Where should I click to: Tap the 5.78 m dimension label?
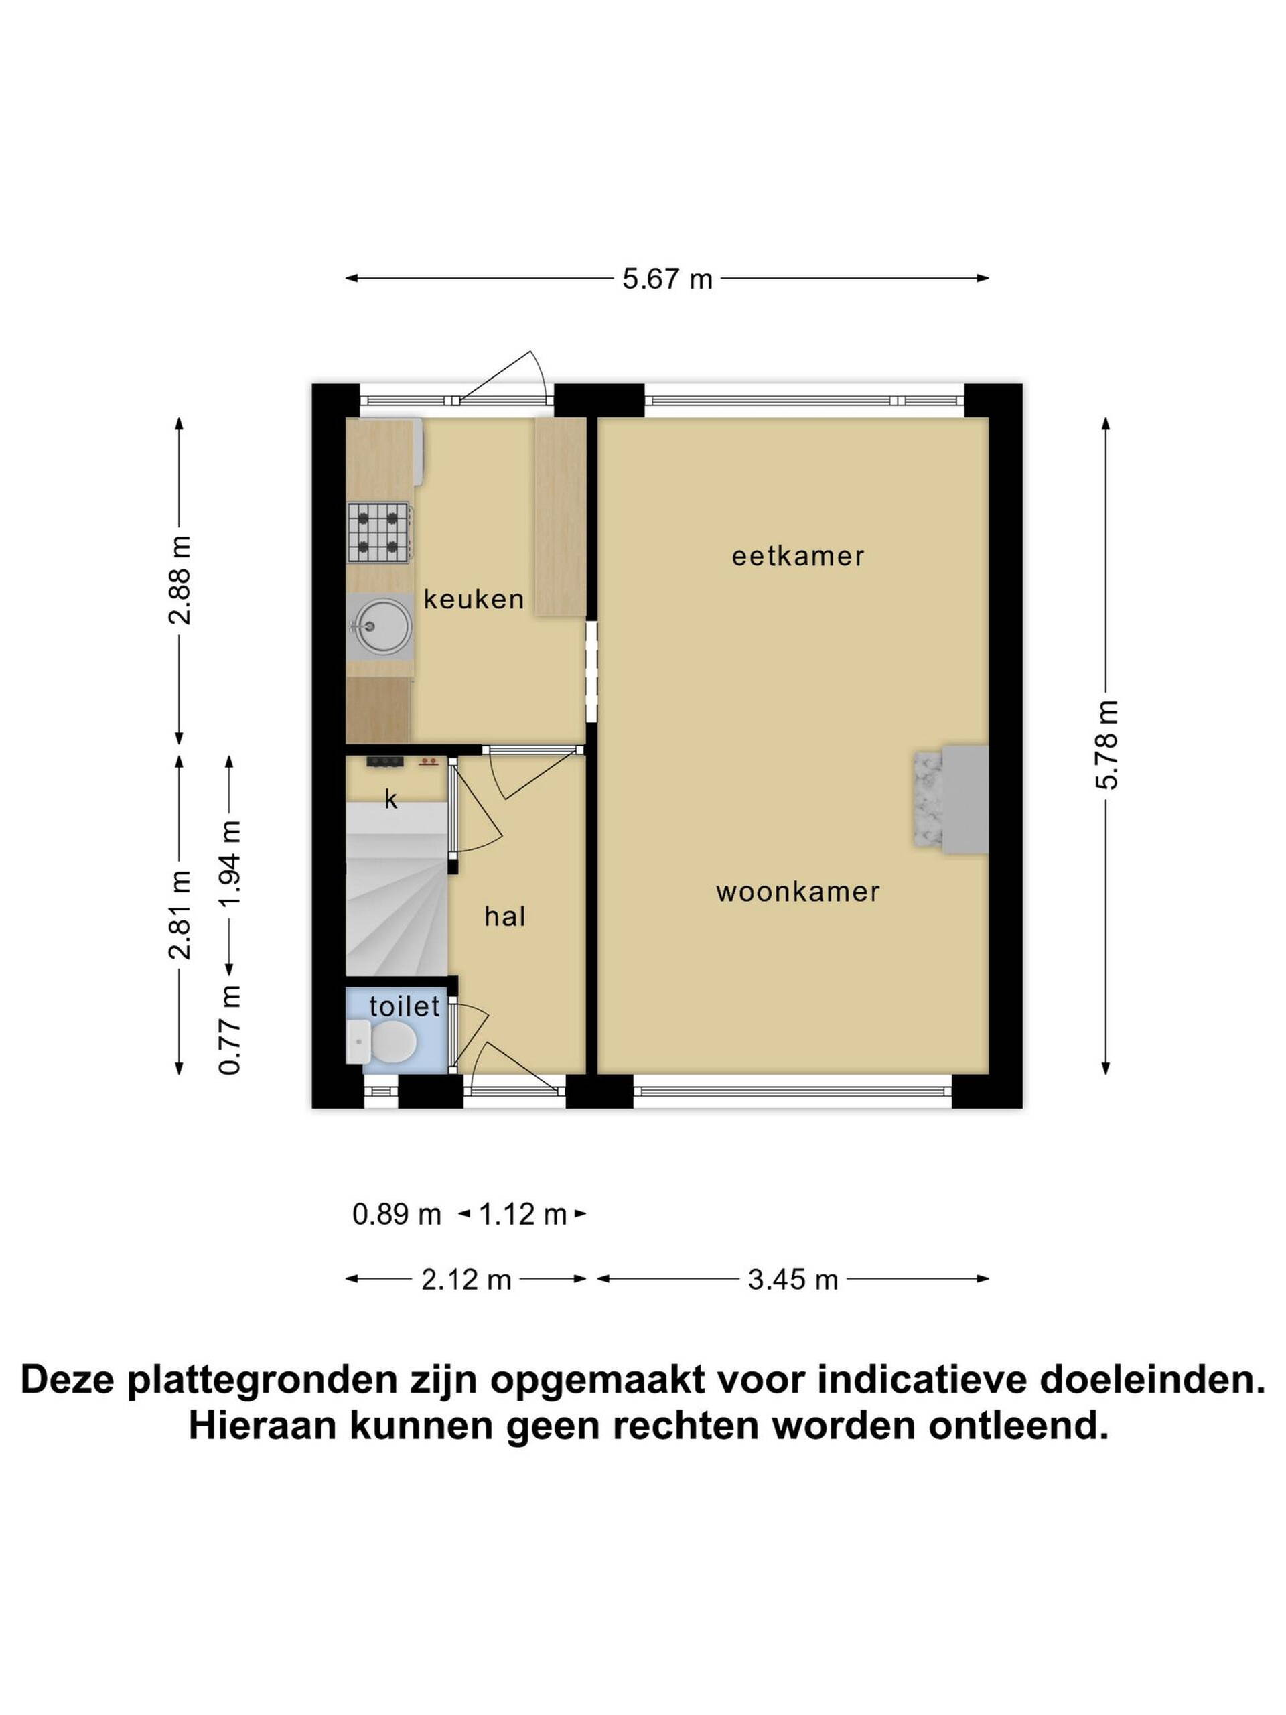tap(1106, 744)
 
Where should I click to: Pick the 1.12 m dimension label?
tap(522, 1213)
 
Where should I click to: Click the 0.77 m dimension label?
tap(230, 1029)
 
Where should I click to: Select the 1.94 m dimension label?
tap(230, 864)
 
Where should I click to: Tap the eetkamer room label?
tap(798, 556)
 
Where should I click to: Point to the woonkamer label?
tap(798, 892)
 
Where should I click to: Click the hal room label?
tap(504, 916)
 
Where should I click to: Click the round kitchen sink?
tap(383, 626)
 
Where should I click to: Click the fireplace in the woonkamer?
tap(950, 799)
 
